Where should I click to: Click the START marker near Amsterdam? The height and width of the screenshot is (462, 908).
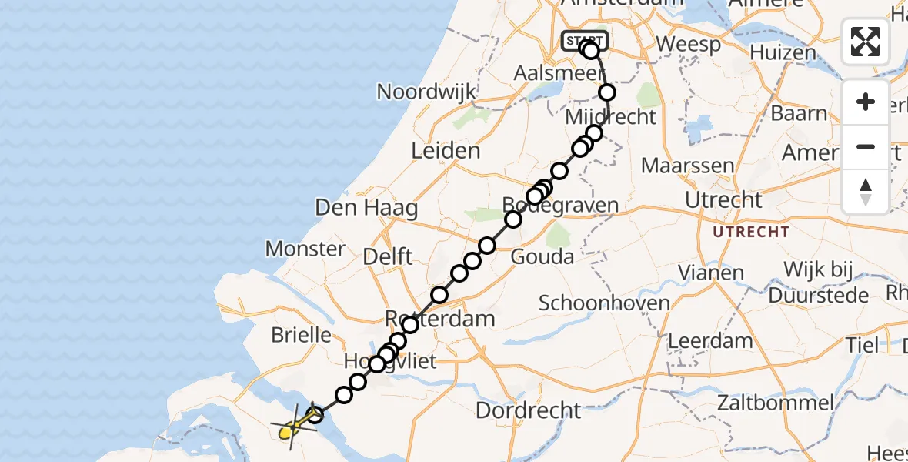[585, 41]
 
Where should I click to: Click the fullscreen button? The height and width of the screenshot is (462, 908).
[866, 42]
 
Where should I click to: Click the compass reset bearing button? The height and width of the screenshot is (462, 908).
[866, 191]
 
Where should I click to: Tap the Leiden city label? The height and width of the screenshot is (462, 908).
[446, 151]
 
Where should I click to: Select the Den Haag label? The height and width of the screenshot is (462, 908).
[366, 208]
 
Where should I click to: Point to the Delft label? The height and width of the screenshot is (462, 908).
[389, 256]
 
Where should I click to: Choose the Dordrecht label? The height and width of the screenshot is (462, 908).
[527, 410]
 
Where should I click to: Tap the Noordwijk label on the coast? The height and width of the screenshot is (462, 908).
[426, 92]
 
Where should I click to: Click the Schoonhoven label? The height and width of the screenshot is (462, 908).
[604, 303]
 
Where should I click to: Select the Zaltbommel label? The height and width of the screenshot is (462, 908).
[775, 402]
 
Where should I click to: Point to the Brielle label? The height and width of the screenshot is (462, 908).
[302, 335]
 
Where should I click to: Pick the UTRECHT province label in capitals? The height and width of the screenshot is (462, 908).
[750, 232]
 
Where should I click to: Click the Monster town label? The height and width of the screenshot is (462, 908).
[305, 249]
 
